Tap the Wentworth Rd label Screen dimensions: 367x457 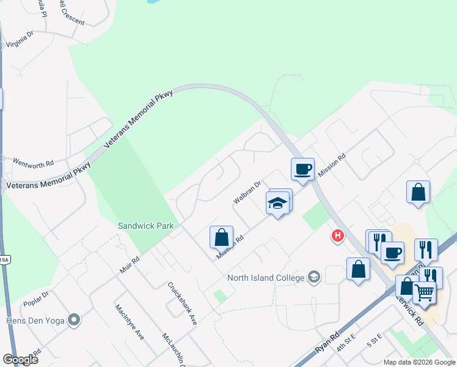tap(29, 163)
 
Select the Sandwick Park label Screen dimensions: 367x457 tap(146, 226)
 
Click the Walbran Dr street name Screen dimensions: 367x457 tap(247, 192)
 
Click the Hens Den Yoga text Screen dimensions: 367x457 tap(34, 319)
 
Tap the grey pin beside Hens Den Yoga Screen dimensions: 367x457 tap(75, 319)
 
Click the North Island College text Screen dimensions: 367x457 tap(266, 278)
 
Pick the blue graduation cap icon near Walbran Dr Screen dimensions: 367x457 tap(278, 203)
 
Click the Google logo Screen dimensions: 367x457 tap(20, 359)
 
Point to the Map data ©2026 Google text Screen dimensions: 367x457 tap(419, 362)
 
